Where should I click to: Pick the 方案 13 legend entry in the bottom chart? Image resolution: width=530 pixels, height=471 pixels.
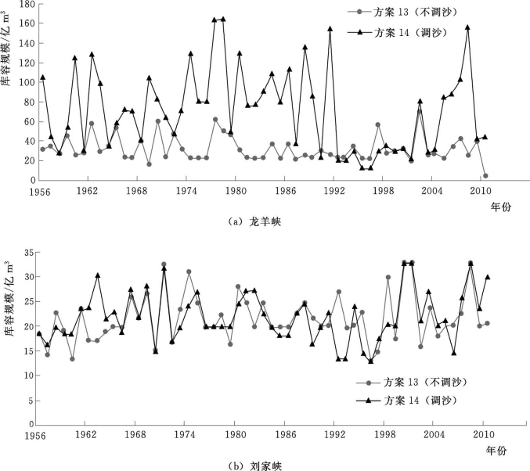408,383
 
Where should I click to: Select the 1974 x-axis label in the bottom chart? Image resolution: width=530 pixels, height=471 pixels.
185,434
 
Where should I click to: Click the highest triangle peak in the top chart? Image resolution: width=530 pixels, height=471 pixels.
222,19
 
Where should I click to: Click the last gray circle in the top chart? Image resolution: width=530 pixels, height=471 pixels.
485,176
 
